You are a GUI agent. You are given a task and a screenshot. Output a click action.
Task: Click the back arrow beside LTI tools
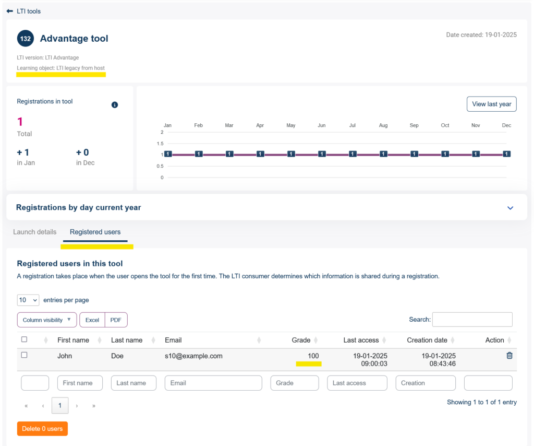coord(9,11)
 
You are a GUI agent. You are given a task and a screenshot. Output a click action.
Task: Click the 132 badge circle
coord(26,39)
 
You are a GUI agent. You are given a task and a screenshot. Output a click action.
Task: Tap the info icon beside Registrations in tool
coord(115,104)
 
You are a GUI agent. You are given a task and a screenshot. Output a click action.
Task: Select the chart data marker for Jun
coord(322,154)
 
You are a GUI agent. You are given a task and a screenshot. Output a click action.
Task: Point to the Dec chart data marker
coord(507,154)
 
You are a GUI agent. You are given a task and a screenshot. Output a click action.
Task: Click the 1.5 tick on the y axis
coord(160,144)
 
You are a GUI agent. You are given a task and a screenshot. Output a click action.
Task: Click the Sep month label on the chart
coord(414,125)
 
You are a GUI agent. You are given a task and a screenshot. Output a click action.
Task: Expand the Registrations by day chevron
coord(510,208)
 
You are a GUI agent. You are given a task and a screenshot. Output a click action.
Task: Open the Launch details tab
coord(35,232)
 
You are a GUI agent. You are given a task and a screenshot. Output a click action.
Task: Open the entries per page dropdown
coord(28,300)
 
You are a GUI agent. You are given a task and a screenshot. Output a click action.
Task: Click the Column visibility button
coord(46,320)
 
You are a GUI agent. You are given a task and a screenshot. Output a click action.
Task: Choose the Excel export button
coord(92,320)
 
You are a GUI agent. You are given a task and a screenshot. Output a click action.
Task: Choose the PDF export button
coord(116,320)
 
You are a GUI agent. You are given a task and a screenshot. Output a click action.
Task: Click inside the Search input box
coord(472,320)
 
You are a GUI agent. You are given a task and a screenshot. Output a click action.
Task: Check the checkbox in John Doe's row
coord(24,355)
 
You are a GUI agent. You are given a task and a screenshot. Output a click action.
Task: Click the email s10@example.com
coord(193,356)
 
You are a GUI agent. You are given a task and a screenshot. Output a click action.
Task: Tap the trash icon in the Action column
coord(509,355)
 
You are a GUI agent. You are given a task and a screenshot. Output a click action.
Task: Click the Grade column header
coord(301,340)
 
